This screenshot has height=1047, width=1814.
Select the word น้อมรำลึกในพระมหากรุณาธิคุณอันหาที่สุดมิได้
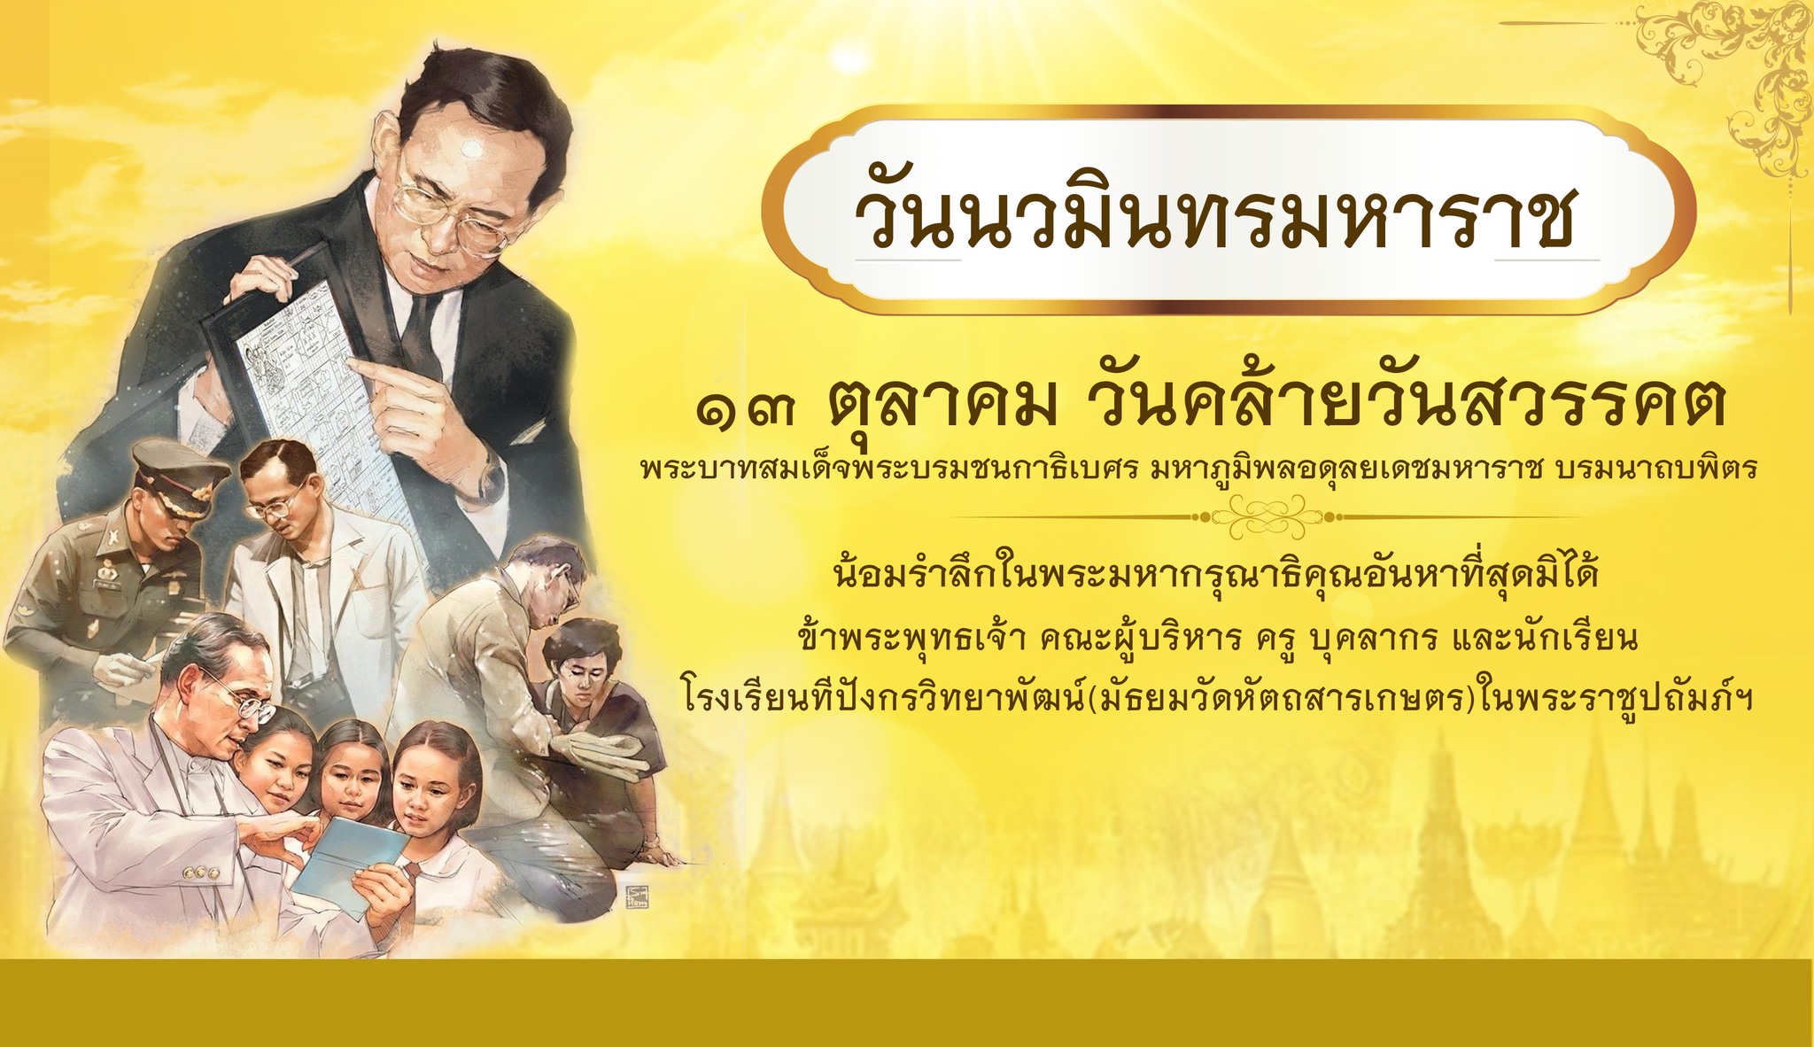point(1207,578)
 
